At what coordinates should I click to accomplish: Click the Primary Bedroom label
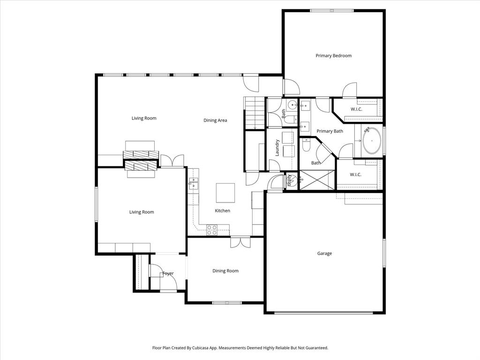(333, 56)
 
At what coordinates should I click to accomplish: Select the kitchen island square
(225, 192)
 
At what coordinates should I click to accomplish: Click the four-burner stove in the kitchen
(212, 230)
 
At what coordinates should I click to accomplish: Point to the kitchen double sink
(193, 183)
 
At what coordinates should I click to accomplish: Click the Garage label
(324, 254)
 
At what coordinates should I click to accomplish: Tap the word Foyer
(168, 274)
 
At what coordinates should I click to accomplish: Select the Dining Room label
(225, 271)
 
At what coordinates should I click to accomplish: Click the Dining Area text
(215, 120)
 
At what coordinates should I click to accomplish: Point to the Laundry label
(277, 148)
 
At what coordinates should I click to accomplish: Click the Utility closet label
(290, 180)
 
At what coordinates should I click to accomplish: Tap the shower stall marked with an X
(317, 180)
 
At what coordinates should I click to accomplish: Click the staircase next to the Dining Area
(254, 112)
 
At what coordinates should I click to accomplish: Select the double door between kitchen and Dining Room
(240, 242)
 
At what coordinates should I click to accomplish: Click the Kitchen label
(223, 211)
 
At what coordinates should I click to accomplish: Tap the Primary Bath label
(330, 131)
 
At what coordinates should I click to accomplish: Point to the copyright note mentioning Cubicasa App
(240, 348)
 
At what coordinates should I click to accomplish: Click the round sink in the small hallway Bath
(291, 105)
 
